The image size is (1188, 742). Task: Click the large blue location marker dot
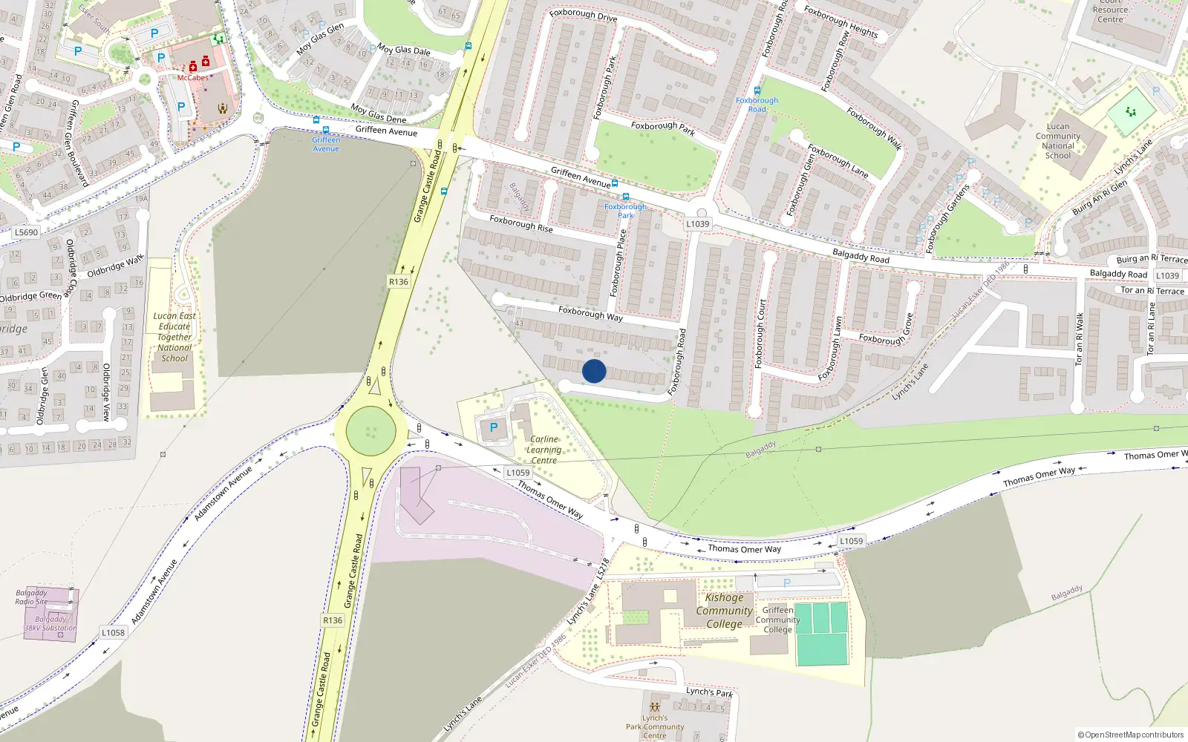[594, 371]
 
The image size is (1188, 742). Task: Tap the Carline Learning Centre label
[544, 450]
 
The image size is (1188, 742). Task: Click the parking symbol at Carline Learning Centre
[494, 427]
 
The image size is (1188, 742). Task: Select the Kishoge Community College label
[724, 611]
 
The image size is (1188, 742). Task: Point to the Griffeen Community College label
[777, 620]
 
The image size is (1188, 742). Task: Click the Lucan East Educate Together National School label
[174, 337]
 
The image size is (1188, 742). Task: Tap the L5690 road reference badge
[26, 232]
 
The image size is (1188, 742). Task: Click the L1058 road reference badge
[113, 633]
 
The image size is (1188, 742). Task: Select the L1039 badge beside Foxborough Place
[698, 224]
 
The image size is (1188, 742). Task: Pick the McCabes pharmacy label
[192, 78]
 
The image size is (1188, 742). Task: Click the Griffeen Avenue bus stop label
[326, 144]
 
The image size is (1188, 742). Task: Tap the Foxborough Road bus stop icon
[757, 91]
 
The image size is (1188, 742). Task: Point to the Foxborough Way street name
[590, 313]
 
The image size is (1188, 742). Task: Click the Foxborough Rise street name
[520, 223]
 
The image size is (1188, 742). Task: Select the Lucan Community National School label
[1058, 141]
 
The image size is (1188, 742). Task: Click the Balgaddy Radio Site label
[31, 597]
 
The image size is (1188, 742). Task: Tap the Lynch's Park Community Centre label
[654, 726]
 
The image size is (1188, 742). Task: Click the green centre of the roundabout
[371, 431]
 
